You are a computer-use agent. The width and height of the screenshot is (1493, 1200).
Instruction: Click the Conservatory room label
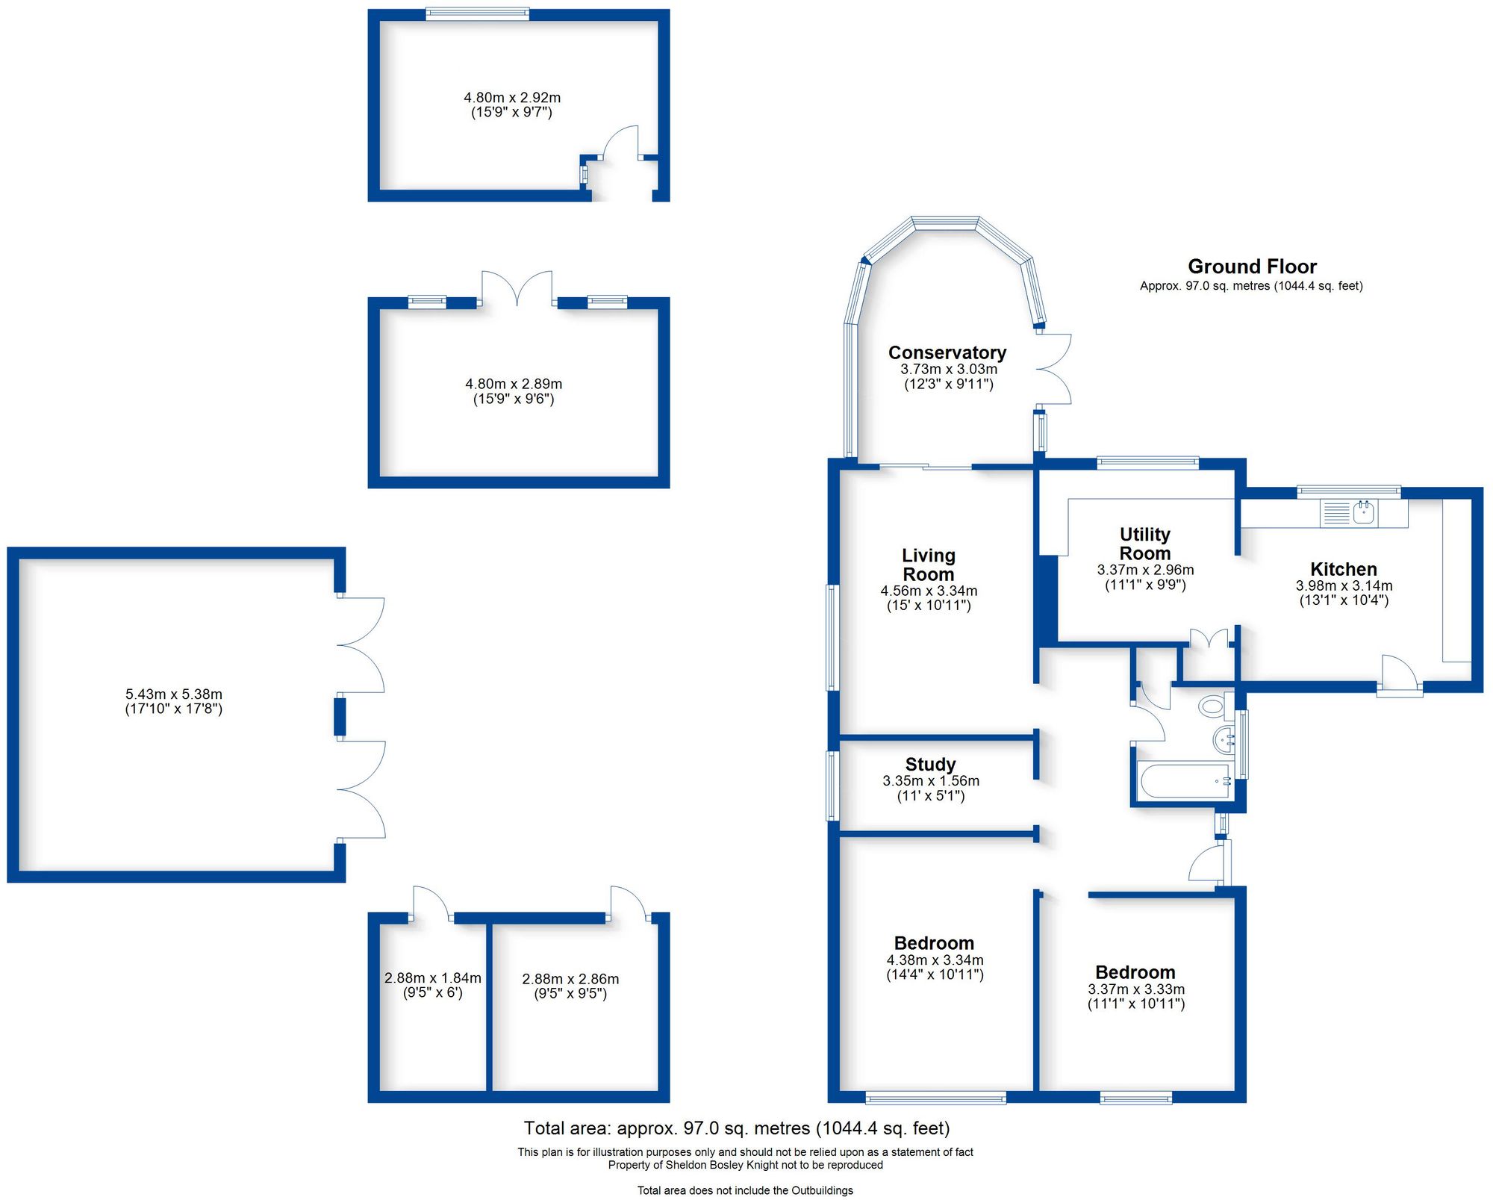947,352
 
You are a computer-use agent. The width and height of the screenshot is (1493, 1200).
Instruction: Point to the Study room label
930,765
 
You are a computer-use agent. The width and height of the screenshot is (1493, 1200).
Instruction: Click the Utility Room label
1144,544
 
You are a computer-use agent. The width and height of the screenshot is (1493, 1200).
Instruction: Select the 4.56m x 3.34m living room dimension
929,591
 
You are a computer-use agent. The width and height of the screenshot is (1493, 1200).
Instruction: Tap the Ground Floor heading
1252,267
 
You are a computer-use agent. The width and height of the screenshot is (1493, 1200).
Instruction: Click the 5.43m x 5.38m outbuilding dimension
173,694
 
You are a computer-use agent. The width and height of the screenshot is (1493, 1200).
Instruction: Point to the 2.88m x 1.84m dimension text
432,978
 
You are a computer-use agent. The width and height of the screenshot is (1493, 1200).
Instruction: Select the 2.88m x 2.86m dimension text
570,979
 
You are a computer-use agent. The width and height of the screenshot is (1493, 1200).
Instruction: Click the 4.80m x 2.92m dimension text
511,98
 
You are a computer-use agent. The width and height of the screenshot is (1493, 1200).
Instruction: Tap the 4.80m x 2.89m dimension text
514,384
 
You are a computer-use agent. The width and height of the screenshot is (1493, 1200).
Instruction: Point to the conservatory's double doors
1054,369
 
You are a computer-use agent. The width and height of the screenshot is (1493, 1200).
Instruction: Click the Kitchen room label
1343,569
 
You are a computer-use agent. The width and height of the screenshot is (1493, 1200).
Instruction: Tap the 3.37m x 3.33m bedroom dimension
1135,989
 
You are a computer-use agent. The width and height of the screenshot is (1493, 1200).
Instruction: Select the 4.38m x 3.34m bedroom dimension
935,960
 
